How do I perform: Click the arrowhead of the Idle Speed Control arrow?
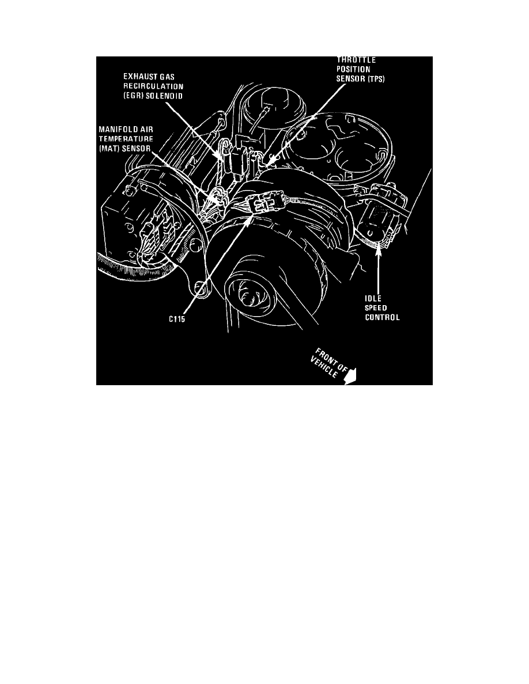[x=378, y=248]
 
